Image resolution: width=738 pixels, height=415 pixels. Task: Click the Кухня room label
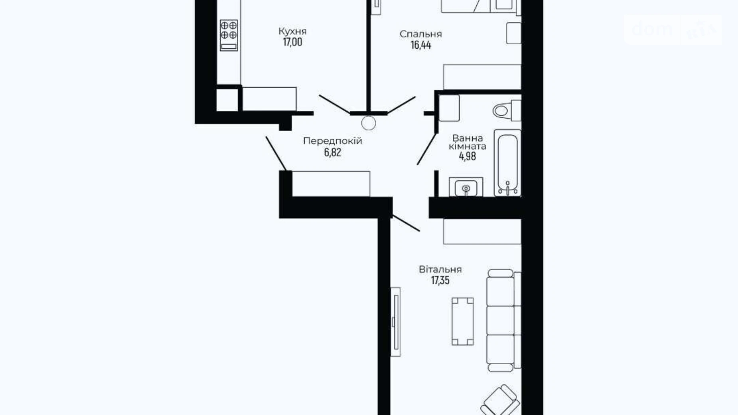click(292, 31)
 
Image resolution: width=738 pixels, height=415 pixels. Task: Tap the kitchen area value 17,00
click(292, 42)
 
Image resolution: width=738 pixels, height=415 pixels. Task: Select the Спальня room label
click(421, 34)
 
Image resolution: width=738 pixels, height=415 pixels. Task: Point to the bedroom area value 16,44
click(421, 45)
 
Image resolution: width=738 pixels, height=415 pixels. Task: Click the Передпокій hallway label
click(333, 140)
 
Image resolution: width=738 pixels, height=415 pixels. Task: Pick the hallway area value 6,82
click(333, 152)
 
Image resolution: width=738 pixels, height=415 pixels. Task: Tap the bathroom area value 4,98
click(468, 156)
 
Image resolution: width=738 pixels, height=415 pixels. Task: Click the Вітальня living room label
click(440, 269)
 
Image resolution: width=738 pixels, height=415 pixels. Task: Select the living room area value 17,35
click(440, 280)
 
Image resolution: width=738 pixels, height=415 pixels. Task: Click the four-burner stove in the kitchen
click(229, 35)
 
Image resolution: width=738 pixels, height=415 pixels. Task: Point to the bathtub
click(507, 163)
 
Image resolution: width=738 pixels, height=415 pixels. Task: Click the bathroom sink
click(466, 187)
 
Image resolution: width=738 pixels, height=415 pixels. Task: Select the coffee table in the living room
click(463, 321)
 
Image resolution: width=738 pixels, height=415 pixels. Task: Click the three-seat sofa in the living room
click(503, 320)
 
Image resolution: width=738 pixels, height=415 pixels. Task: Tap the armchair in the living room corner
click(501, 400)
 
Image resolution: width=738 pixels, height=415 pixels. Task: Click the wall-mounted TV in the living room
click(395, 322)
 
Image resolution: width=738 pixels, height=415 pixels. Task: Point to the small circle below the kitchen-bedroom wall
click(368, 123)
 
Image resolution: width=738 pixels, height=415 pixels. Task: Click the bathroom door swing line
click(426, 149)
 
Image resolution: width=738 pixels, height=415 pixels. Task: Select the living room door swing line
click(406, 223)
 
